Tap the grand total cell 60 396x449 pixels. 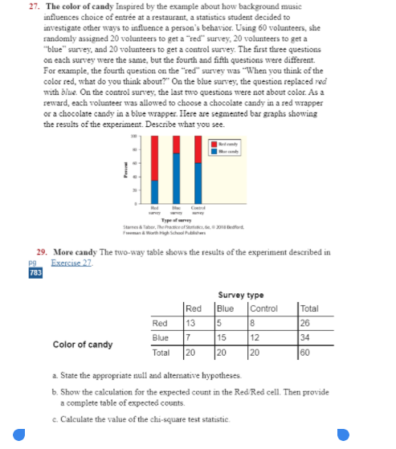click(310, 351)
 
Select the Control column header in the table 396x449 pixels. click(263, 309)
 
